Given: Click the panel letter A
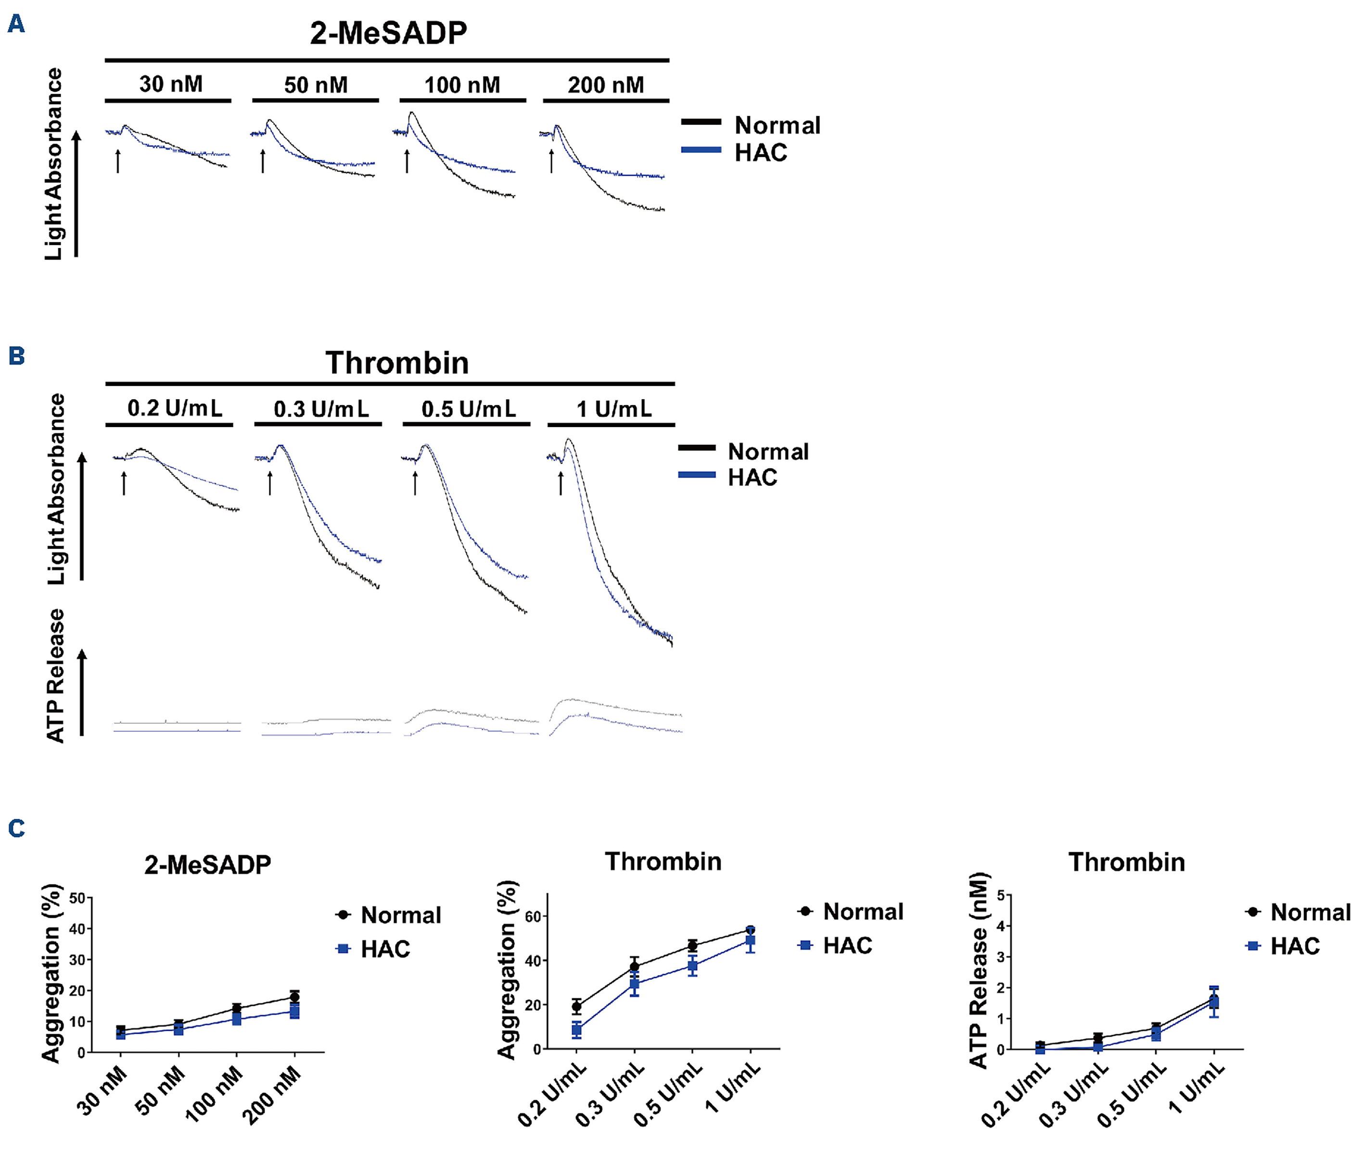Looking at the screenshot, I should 16,24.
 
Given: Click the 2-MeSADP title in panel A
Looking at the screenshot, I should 388,33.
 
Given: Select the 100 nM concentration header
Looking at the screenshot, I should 462,85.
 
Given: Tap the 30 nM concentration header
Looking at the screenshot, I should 171,84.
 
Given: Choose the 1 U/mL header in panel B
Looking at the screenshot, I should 613,408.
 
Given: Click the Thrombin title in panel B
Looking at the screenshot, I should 397,363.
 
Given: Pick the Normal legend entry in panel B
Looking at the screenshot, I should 767,451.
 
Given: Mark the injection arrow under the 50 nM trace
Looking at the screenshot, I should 263,161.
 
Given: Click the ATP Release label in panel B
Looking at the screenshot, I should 56,676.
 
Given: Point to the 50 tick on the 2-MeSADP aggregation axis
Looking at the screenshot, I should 78,898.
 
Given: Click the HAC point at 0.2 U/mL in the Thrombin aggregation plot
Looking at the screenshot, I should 577,1030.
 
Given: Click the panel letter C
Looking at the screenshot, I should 16,829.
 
